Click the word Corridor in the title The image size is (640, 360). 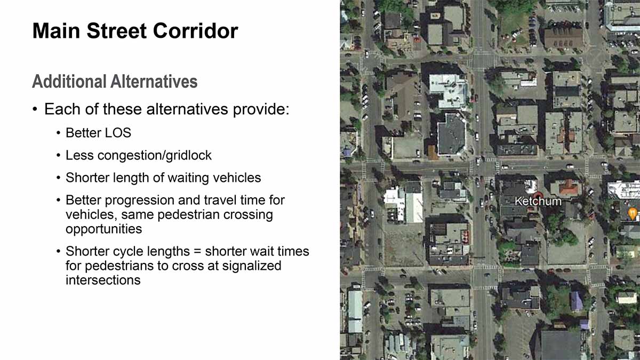(x=195, y=30)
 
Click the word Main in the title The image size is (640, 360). (x=57, y=30)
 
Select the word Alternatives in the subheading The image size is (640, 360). (x=154, y=82)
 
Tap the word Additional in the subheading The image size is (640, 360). (x=69, y=82)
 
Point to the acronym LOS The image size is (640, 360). (x=118, y=133)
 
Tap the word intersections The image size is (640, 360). (x=103, y=280)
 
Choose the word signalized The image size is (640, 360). (x=251, y=266)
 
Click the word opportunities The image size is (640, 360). (x=103, y=229)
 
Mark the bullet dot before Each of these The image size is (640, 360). (x=35, y=109)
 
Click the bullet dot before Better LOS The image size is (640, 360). (x=58, y=133)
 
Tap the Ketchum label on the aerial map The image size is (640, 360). (x=538, y=202)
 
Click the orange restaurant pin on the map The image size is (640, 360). (x=633, y=213)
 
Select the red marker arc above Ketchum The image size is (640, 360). (x=538, y=194)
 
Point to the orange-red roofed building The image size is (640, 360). (x=569, y=187)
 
